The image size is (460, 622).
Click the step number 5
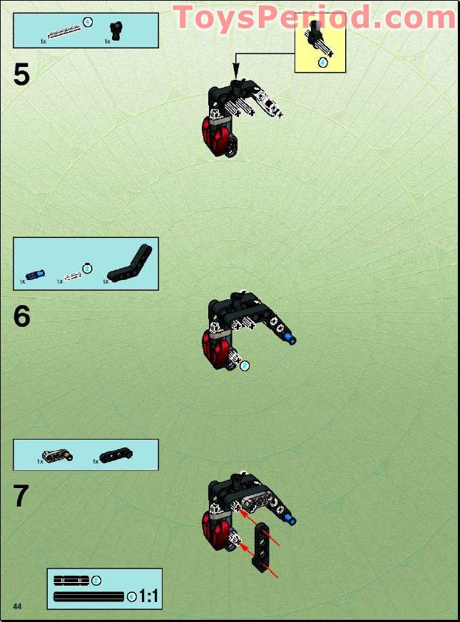pos(22,75)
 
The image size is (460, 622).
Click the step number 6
pos(22,316)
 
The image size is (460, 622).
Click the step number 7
pos(22,497)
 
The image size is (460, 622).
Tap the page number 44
pos(17,606)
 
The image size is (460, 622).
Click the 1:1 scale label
pos(148,596)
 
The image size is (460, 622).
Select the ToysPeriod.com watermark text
pos(314,17)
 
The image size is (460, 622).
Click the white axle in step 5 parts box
pos(65,31)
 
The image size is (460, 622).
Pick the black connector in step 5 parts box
pos(114,30)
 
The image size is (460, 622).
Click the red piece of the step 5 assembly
pos(215,131)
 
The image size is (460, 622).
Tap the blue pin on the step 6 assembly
pos(288,338)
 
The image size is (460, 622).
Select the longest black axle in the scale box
pos(88,596)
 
